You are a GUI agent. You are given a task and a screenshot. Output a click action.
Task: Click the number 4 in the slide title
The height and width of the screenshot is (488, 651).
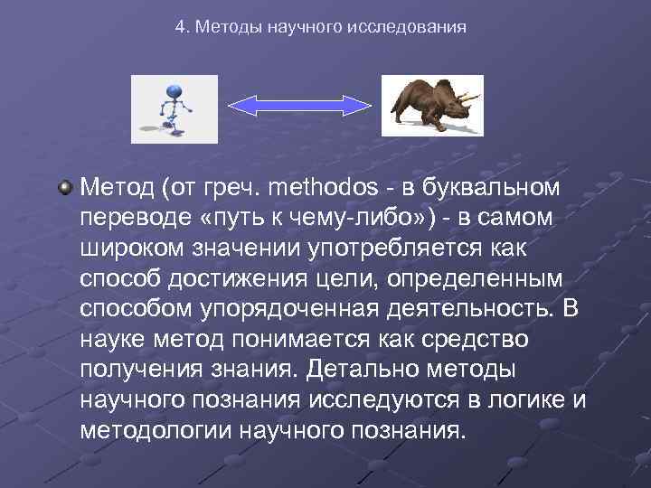(179, 27)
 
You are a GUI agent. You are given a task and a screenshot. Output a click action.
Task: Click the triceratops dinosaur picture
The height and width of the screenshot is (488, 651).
(431, 105)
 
